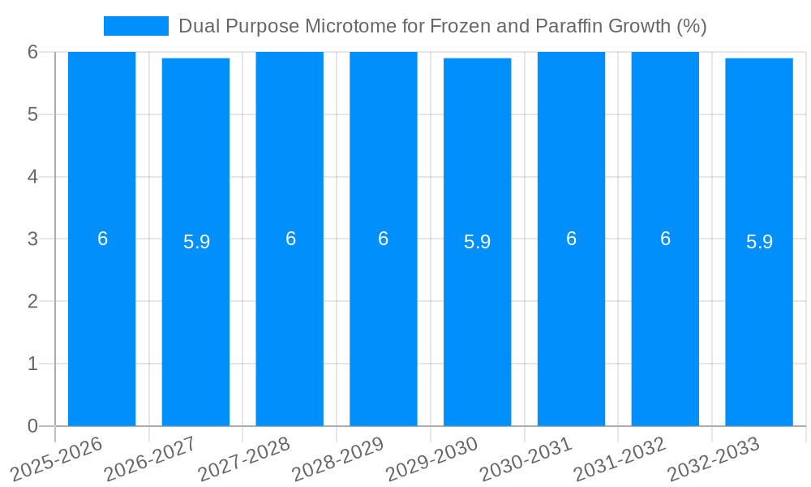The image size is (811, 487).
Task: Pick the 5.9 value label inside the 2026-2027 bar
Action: click(x=196, y=242)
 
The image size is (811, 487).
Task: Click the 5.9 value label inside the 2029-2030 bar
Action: click(x=477, y=242)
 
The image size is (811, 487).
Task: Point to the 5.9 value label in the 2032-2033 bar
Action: click(x=759, y=242)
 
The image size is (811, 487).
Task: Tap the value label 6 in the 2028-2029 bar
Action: click(x=383, y=239)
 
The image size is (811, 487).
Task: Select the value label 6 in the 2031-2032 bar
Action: click(x=665, y=239)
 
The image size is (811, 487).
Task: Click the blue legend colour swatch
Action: click(x=136, y=26)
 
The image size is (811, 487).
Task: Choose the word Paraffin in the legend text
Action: click(x=573, y=26)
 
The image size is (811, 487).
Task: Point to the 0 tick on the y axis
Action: click(x=32, y=426)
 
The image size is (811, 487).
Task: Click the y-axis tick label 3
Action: click(x=32, y=239)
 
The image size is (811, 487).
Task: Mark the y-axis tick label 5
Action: click(x=32, y=114)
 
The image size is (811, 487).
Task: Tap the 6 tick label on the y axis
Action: click(x=32, y=52)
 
